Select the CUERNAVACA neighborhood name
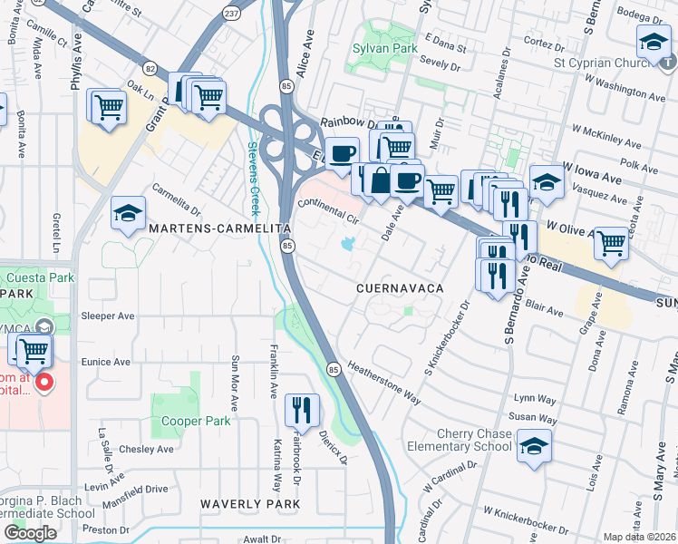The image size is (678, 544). (x=399, y=287)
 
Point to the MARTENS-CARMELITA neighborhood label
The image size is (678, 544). (x=219, y=228)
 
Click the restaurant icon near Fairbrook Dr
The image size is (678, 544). (x=303, y=410)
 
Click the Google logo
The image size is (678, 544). (x=30, y=533)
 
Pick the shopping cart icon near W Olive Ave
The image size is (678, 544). (x=611, y=243)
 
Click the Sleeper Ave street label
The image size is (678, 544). (x=108, y=316)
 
